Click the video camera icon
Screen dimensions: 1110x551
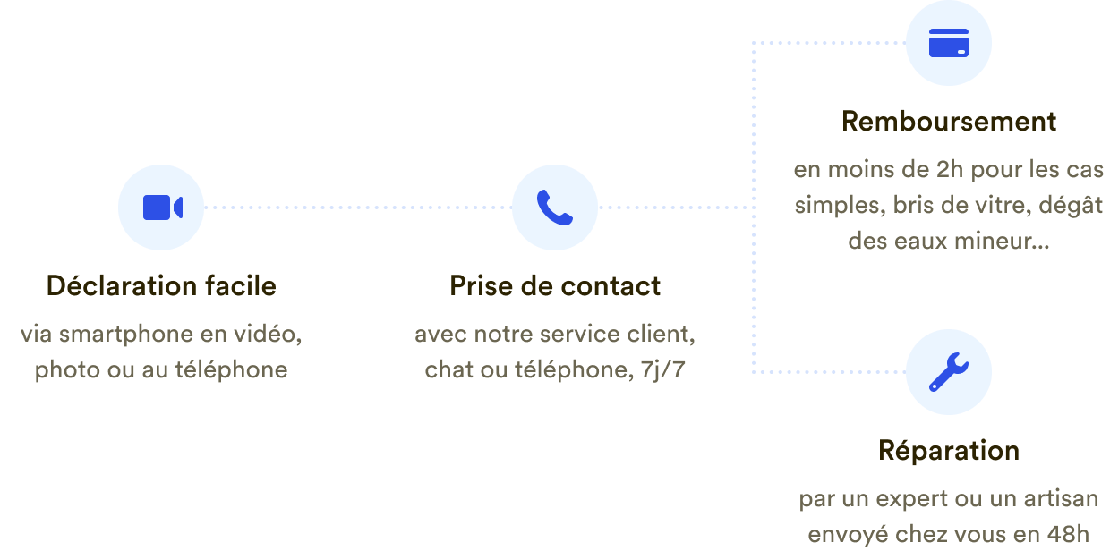pos(163,208)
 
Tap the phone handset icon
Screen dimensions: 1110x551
pos(555,208)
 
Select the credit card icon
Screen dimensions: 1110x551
pos(949,43)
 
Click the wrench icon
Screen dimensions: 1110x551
pos(949,372)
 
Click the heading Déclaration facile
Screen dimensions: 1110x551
pos(161,286)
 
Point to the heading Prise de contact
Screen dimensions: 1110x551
pos(555,286)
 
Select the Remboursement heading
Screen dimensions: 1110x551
pos(949,122)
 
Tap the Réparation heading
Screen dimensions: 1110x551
pos(949,451)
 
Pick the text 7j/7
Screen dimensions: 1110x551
pos(663,369)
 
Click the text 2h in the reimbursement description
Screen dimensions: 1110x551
pos(950,169)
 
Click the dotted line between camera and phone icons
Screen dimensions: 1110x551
pos(358,208)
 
